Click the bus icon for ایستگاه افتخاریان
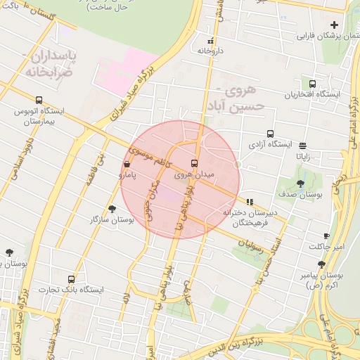pyautogui.click(x=313, y=84)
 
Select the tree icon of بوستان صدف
pyautogui.click(x=301, y=184)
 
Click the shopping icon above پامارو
pyautogui.click(x=127, y=165)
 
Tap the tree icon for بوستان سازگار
pyautogui.click(x=112, y=209)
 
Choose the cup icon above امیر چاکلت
pyautogui.click(x=326, y=236)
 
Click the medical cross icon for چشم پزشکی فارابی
pyautogui.click(x=334, y=25)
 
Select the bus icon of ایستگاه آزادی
pyautogui.click(x=271, y=134)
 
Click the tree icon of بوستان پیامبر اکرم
pyautogui.click(x=321, y=264)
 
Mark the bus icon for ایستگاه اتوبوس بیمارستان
pyautogui.click(x=38, y=100)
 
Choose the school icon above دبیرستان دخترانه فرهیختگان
pyautogui.click(x=250, y=202)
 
